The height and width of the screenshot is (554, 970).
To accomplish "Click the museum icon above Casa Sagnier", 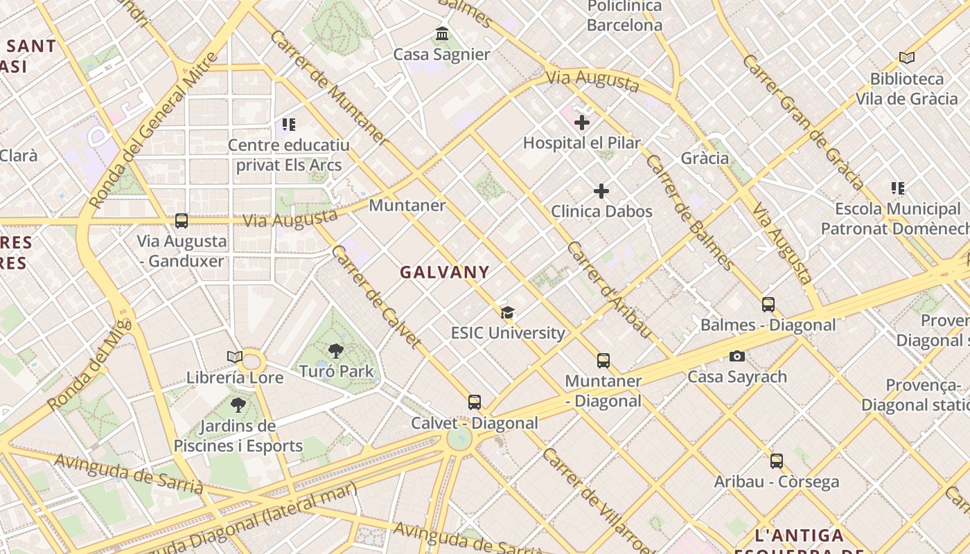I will [442, 33].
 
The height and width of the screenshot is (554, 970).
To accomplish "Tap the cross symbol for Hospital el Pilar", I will [582, 123].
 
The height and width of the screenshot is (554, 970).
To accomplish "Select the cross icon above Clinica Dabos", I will [601, 191].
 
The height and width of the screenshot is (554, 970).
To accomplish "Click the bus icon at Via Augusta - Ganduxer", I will [182, 221].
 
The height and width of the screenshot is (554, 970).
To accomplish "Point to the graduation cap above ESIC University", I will [508, 312].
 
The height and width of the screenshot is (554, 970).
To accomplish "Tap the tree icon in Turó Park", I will [336, 350].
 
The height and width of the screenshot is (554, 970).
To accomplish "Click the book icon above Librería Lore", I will [235, 357].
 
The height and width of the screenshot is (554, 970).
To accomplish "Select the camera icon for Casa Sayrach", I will [737, 356].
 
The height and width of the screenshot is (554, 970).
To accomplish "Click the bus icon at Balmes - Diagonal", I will [768, 304].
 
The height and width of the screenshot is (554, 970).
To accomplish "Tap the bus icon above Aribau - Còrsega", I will [776, 461].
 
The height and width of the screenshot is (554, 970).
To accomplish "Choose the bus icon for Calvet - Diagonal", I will [475, 402].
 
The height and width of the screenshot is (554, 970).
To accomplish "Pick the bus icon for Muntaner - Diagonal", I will [603, 360].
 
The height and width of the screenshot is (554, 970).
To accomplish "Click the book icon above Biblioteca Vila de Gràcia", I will [906, 58].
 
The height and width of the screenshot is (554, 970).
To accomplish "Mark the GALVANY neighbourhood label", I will [445, 272].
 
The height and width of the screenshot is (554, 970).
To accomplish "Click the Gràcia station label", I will [705, 158].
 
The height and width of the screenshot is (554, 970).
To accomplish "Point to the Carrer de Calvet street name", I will [376, 296].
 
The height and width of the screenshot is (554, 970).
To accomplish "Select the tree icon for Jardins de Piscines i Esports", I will [238, 405].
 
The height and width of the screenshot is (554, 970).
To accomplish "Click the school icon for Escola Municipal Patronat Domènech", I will [898, 188].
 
